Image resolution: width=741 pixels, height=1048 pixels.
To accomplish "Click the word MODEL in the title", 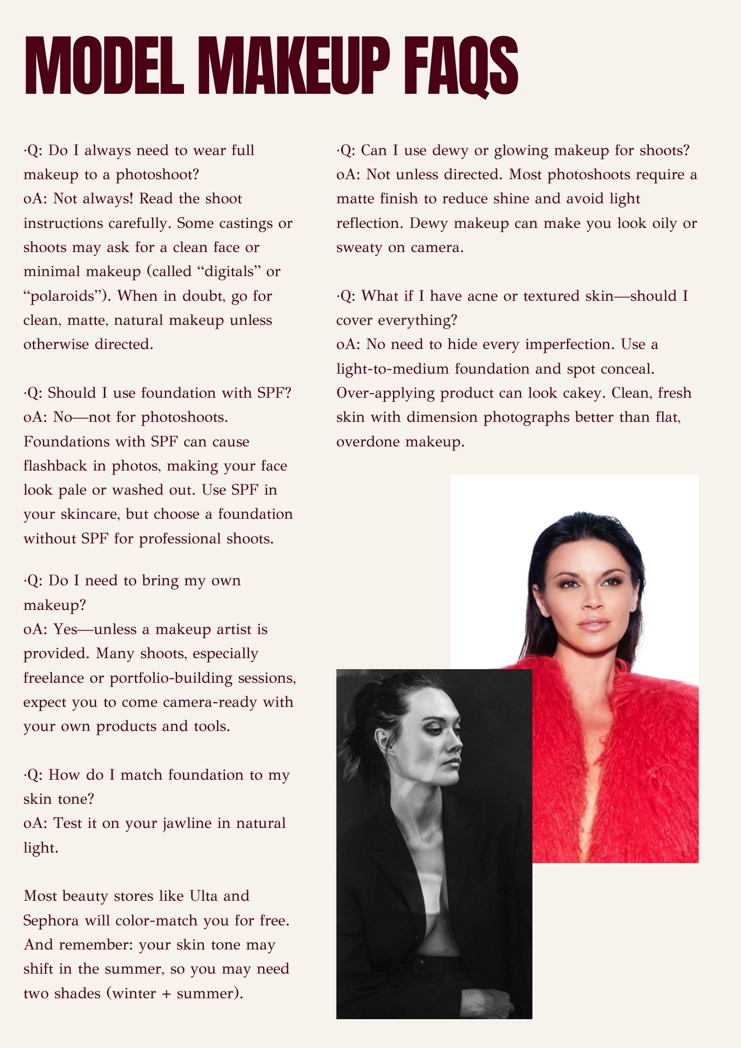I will click(104, 67).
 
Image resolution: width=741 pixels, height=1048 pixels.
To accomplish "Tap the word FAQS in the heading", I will click(462, 67).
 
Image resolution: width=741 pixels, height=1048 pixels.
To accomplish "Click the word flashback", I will click(55, 466).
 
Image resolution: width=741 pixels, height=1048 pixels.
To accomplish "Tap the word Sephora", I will click(51, 921).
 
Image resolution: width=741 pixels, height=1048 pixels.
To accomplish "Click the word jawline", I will click(168, 823).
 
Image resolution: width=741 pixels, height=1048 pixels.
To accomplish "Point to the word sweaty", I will click(359, 247).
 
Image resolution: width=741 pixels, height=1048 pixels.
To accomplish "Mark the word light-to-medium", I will click(393, 369).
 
